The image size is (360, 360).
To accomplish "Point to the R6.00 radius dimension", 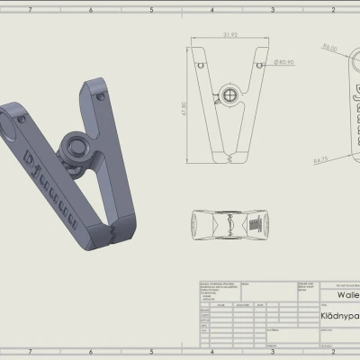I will pyautogui.click(x=329, y=48).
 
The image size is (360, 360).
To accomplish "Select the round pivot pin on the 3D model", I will pyautogui.click(x=75, y=148).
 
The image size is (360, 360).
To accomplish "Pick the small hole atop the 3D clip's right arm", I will pyautogui.click(x=96, y=87).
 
